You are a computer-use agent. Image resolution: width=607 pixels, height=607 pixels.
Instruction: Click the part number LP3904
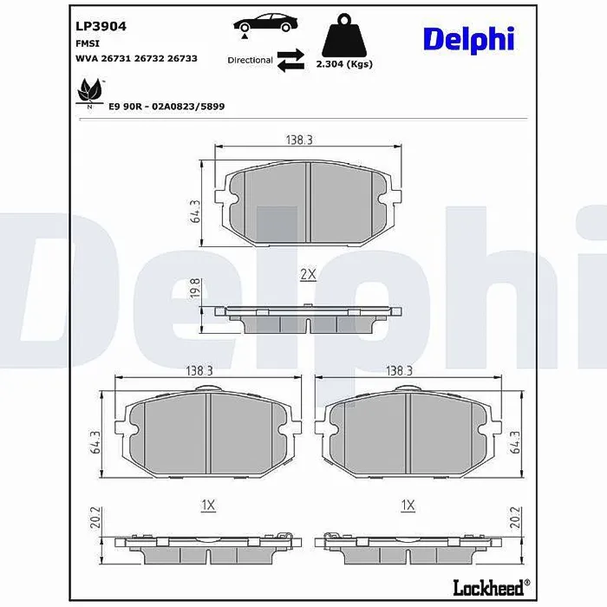pyautogui.click(x=101, y=26)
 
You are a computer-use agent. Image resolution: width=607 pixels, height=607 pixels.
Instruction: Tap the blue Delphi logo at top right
pyautogui.click(x=469, y=40)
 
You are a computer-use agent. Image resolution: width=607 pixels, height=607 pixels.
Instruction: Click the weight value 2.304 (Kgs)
pyautogui.click(x=344, y=64)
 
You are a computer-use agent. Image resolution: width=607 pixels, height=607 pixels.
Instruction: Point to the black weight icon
pyautogui.click(x=344, y=36)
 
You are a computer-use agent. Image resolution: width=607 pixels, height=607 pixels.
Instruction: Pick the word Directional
pyautogui.click(x=250, y=60)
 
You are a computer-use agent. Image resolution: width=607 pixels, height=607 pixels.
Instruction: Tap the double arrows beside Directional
pyautogui.click(x=290, y=60)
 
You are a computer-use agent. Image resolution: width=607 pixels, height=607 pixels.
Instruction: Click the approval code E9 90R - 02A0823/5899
pyautogui.click(x=166, y=107)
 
